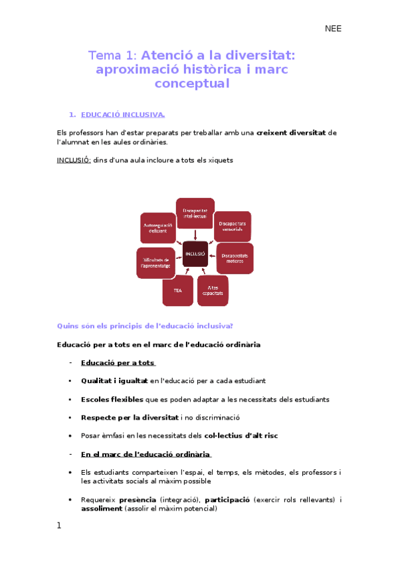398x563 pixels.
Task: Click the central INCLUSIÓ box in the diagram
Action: coord(195,254)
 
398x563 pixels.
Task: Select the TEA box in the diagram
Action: coord(178,290)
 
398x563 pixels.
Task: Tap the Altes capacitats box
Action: coord(213,290)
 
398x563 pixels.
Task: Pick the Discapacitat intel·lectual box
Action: coord(195,213)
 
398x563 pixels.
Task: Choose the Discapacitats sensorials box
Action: coord(233,226)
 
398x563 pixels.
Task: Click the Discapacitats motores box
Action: coord(235,258)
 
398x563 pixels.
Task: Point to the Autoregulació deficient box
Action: coord(157,228)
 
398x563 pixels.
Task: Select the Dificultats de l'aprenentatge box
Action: coord(155,262)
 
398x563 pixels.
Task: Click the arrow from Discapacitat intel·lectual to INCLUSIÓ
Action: coord(195,234)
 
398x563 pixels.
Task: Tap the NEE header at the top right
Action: coord(333,29)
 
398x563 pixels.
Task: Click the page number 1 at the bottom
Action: coord(59,525)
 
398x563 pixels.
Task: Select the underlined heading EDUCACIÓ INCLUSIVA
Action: coord(127,115)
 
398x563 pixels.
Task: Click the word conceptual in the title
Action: coord(192,84)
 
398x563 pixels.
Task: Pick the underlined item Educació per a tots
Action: coord(118,363)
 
